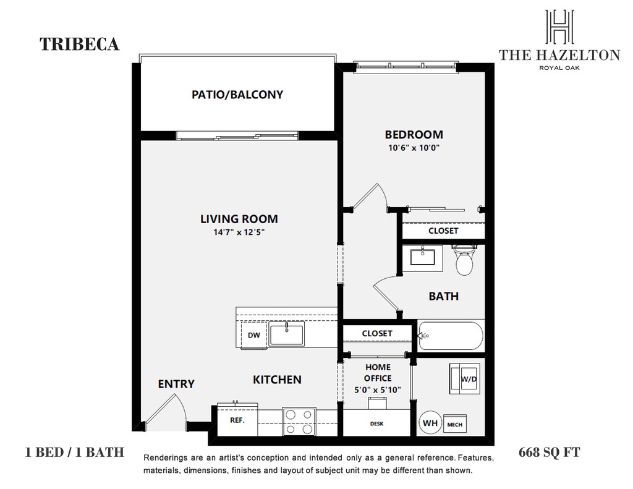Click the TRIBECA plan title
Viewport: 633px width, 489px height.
[80, 44]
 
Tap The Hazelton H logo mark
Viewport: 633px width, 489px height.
[559, 26]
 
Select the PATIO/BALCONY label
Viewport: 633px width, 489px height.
[237, 95]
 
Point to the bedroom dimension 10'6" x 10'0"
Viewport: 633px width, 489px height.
[414, 148]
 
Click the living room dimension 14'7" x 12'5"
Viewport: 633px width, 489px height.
[239, 232]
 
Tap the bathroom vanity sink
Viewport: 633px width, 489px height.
[422, 258]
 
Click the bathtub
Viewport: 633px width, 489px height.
[451, 336]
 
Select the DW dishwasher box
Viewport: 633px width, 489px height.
[254, 334]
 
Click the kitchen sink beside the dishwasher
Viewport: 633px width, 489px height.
[287, 334]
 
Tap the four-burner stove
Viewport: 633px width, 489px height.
[299, 421]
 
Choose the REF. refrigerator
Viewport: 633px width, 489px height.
[237, 420]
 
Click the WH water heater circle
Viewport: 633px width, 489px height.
[430, 423]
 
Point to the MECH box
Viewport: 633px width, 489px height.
[455, 424]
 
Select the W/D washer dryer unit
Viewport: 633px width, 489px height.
[465, 379]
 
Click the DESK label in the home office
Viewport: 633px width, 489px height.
[376, 423]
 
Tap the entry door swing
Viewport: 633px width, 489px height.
[166, 408]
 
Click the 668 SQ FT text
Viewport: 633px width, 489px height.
[550, 453]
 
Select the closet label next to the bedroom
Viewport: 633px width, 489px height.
[443, 231]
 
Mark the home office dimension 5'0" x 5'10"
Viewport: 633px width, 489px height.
[378, 389]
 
